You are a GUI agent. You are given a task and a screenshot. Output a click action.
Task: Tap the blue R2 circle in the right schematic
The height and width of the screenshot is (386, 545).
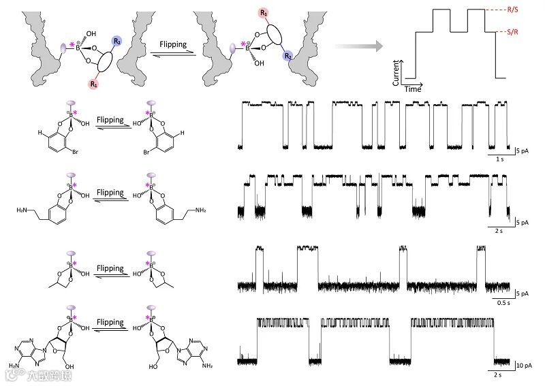click(288, 56)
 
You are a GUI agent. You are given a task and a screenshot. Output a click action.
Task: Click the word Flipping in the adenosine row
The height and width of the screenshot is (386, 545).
click(110, 322)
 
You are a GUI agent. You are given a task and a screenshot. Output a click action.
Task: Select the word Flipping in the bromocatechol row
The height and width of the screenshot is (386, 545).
click(110, 120)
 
